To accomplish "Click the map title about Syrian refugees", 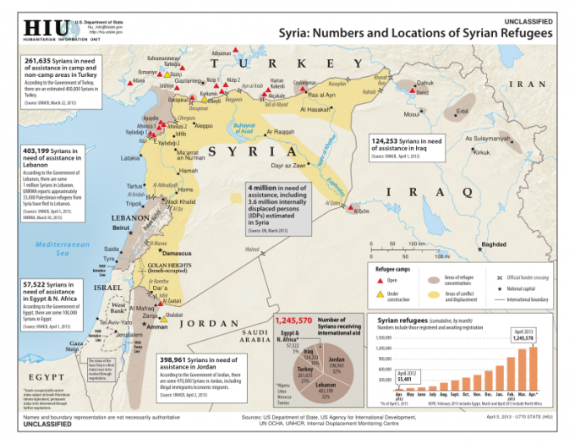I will (x=417, y=33).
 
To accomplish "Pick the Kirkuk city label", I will (x=482, y=152).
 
